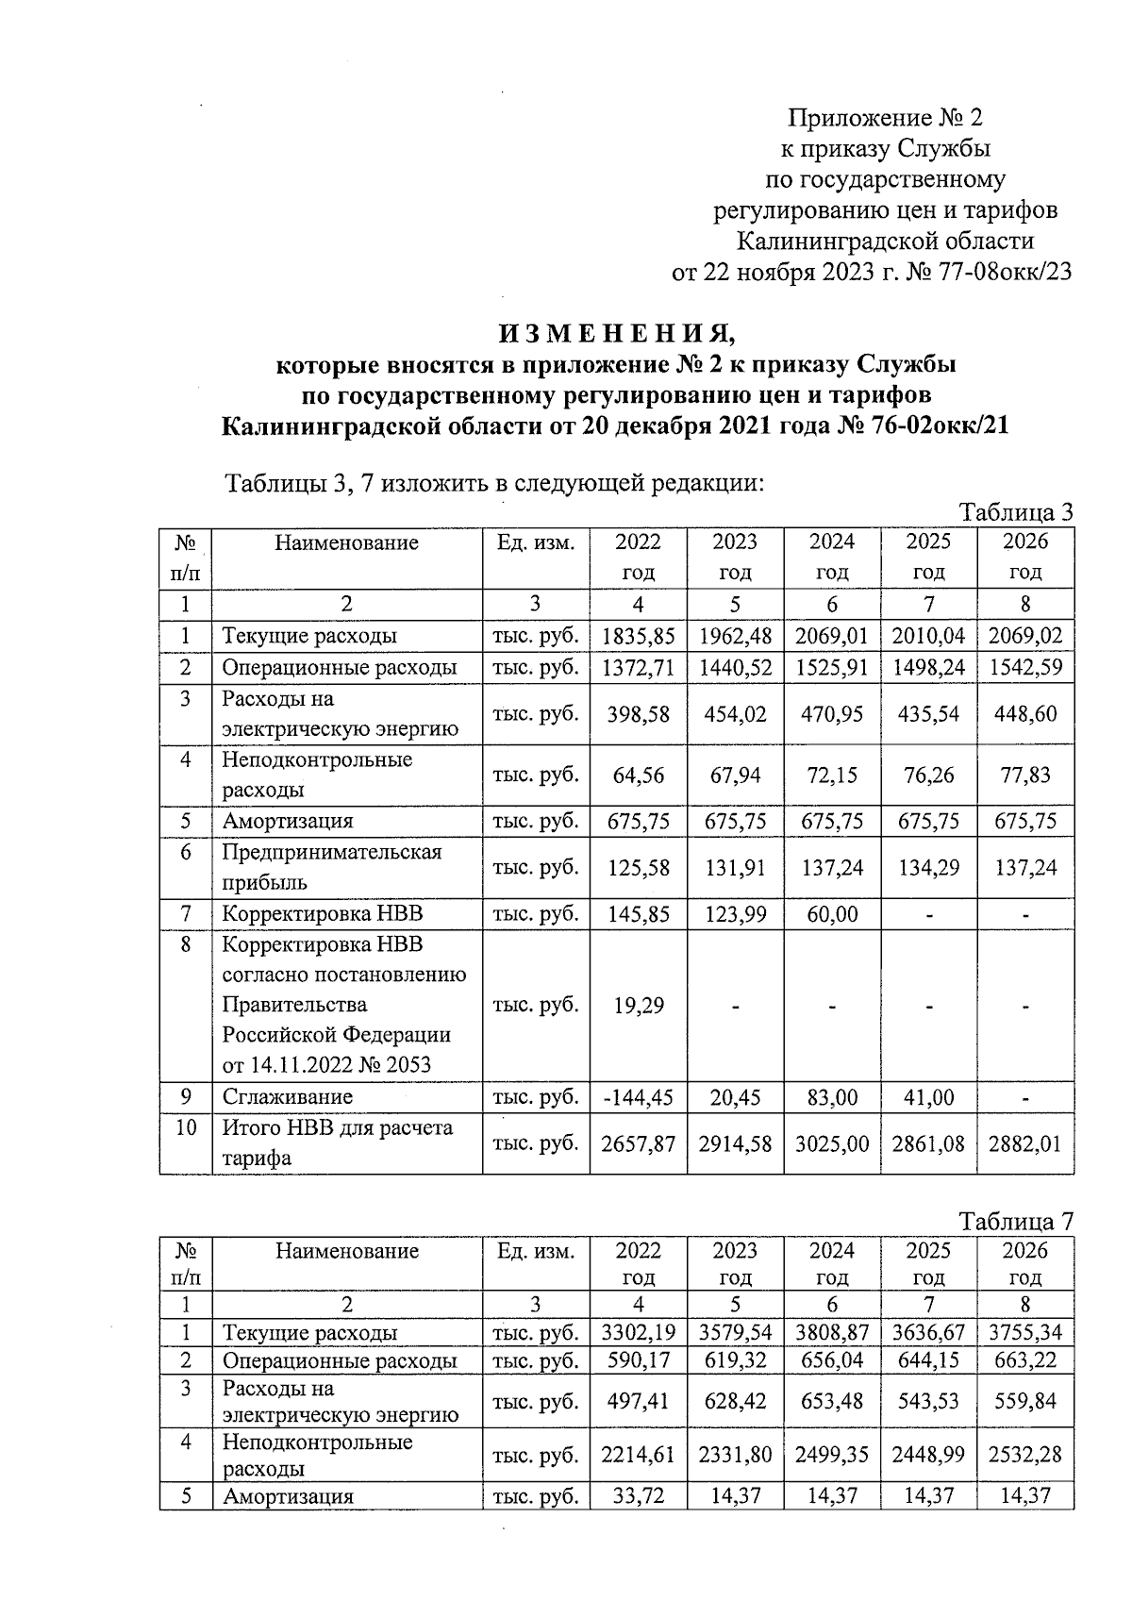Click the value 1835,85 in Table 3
[x=639, y=636]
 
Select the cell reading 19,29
[x=639, y=1006]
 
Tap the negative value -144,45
[x=639, y=1097]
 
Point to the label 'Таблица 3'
[x=1017, y=512]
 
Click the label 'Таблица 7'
[x=1017, y=1222]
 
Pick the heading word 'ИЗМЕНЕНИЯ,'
[x=616, y=334]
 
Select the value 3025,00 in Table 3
[x=832, y=1144]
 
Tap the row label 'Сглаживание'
[x=288, y=1097]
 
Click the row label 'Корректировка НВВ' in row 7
[x=323, y=913]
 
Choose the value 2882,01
[x=1025, y=1144]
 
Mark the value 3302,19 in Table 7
[x=639, y=1333]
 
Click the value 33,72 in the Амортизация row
[x=639, y=1496]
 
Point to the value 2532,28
[x=1025, y=1455]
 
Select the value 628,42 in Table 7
[x=735, y=1402]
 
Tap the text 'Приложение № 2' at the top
[x=885, y=118]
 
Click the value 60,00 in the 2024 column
[x=832, y=913]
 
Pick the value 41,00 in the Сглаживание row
[x=928, y=1097]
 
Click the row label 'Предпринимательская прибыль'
[x=332, y=867]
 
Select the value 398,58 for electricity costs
[x=639, y=714]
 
